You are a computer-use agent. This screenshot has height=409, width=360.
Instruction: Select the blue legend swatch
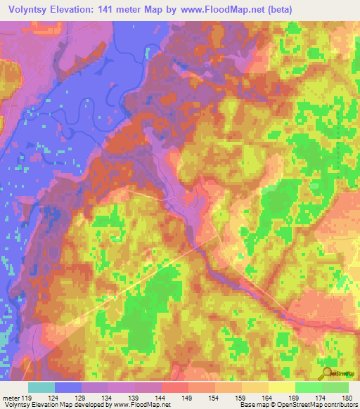68,387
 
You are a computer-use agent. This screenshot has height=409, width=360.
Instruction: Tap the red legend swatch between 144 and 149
175,387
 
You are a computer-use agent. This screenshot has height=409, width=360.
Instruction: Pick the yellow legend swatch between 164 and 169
282,387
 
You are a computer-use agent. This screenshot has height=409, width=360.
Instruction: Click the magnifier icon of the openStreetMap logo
328,373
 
